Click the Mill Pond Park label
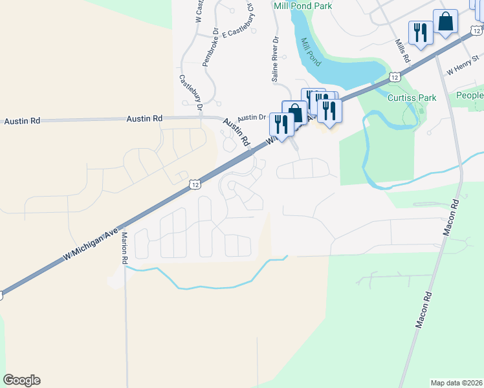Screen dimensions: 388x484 pyautogui.click(x=303, y=6)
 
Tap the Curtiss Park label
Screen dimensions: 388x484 pyautogui.click(x=412, y=98)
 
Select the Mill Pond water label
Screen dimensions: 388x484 pyautogui.click(x=311, y=52)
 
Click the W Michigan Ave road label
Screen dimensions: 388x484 pyautogui.click(x=92, y=244)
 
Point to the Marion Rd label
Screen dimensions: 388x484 pyautogui.click(x=124, y=248)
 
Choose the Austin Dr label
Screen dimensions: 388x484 pyautogui.click(x=252, y=118)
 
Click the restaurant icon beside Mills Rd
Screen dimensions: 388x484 pyautogui.click(x=421, y=32)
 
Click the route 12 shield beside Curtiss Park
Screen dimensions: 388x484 pyautogui.click(x=394, y=77)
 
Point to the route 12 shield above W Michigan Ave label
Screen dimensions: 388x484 pyautogui.click(x=194, y=185)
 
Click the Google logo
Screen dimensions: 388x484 pyautogui.click(x=21, y=380)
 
